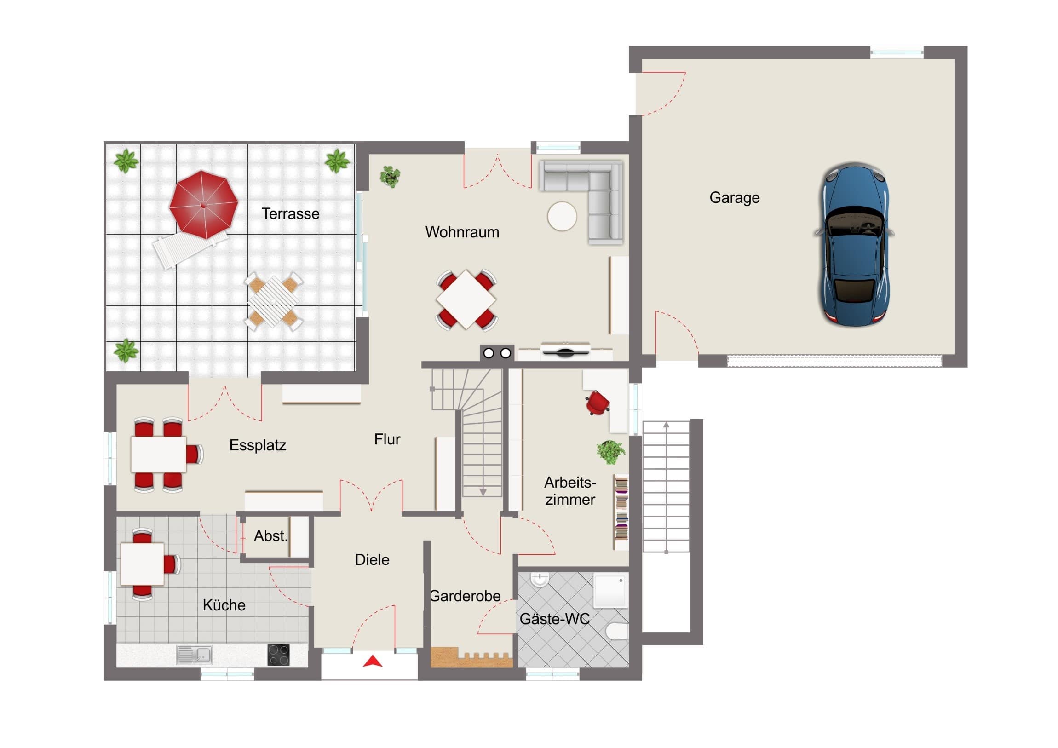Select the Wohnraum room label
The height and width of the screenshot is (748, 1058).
[462, 232]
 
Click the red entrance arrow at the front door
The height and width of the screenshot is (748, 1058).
[373, 662]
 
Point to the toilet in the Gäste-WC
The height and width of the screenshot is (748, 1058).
[617, 631]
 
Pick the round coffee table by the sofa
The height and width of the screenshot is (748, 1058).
[562, 216]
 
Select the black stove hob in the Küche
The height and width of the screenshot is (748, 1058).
[278, 655]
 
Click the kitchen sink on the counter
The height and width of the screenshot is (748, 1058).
[195, 655]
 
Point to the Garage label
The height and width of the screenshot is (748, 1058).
[735, 198]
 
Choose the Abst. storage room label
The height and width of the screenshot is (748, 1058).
[270, 535]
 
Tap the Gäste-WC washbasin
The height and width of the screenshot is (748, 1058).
[539, 580]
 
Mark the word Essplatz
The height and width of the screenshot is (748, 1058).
[258, 445]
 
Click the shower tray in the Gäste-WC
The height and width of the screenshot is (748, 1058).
[610, 590]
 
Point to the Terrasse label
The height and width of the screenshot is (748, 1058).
[290, 213]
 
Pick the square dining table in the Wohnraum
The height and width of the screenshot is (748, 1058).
[466, 299]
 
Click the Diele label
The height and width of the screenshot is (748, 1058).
[372, 559]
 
